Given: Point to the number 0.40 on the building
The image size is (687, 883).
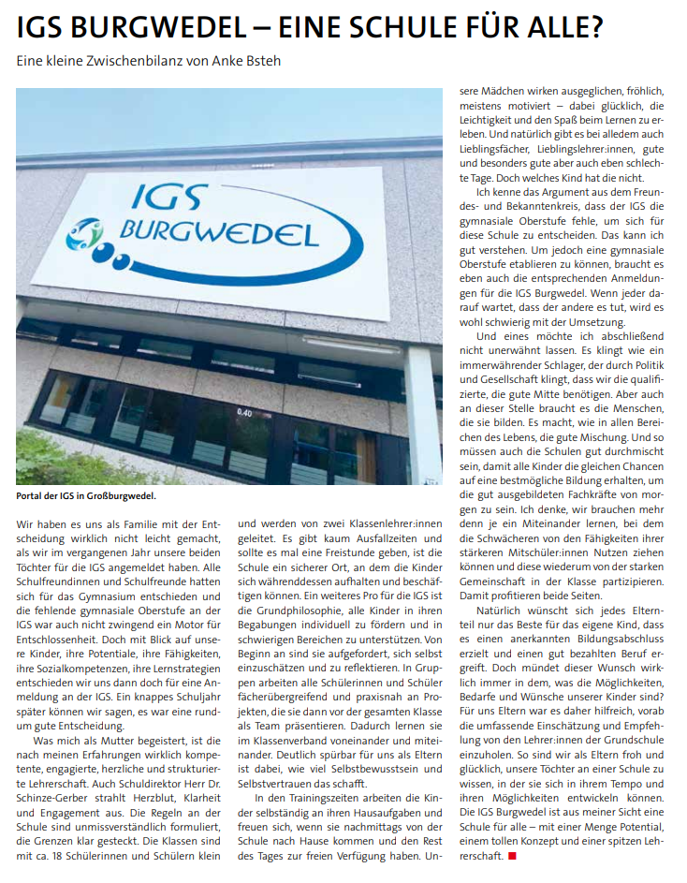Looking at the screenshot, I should [x=244, y=412].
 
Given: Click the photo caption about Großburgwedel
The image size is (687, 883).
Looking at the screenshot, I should [x=86, y=496].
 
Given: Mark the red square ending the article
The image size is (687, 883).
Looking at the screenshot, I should [x=512, y=856].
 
